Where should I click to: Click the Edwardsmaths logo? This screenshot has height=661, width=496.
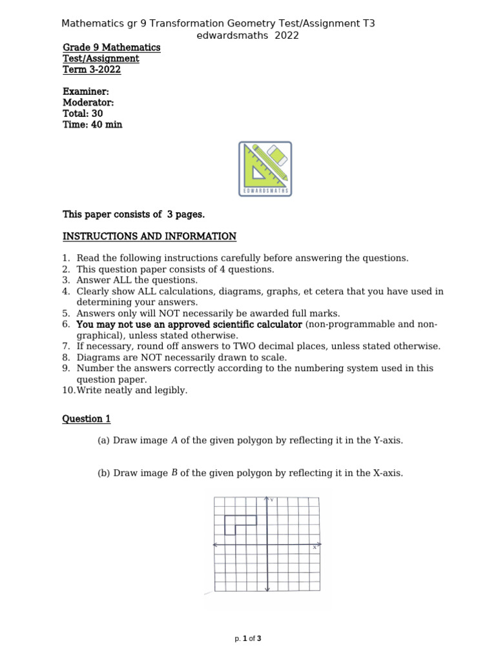point(265,168)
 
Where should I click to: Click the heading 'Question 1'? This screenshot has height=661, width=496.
point(87,419)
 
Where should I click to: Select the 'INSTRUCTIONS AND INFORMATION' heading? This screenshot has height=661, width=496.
point(149,236)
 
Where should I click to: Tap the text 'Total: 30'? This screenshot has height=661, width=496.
point(83,114)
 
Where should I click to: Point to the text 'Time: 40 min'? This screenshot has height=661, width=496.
point(92,125)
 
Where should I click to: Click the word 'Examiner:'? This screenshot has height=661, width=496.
point(86,92)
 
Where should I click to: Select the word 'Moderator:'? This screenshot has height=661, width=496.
point(88,103)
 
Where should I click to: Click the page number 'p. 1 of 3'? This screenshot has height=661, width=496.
point(248,639)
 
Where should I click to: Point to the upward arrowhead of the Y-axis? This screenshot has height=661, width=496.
point(267,499)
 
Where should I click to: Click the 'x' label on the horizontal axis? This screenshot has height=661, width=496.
point(315,547)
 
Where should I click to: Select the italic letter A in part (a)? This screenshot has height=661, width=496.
point(174,441)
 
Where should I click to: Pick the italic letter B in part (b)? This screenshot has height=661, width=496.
point(174,473)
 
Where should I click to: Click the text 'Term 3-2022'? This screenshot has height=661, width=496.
point(92,70)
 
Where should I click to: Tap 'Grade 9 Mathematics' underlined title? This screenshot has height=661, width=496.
point(111,48)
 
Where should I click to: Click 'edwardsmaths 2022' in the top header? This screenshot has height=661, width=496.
point(247,36)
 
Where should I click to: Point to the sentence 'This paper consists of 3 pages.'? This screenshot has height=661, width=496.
point(133,214)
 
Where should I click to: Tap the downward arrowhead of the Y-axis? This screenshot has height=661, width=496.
point(267,588)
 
